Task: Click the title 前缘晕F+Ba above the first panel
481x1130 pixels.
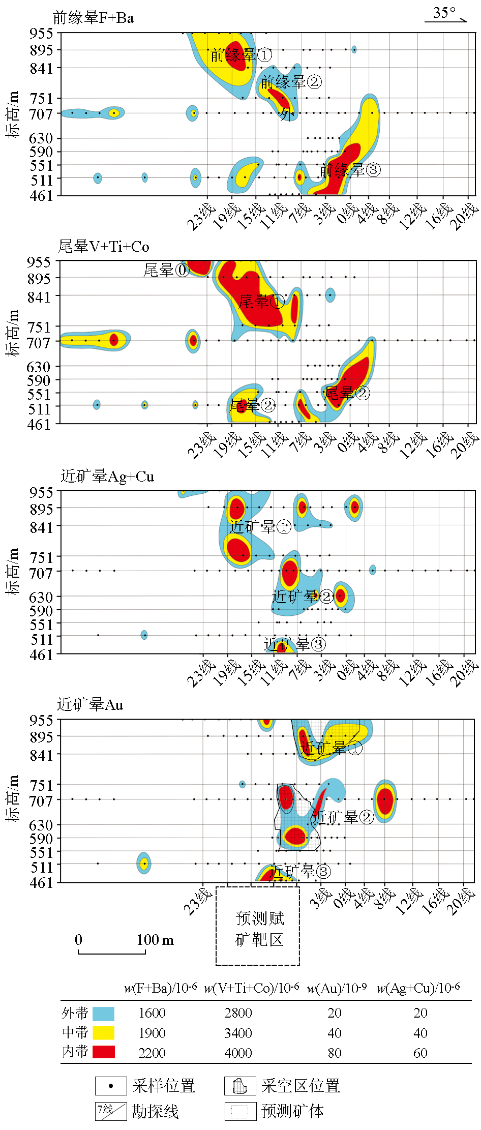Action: (x=93, y=18)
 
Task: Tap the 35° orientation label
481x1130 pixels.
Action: (x=444, y=13)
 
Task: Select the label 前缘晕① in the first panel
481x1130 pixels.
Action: (x=241, y=55)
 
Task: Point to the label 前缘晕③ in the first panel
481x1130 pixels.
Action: (x=349, y=170)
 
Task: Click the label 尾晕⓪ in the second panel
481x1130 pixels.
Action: (x=166, y=270)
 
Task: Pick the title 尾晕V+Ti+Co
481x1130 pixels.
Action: (x=103, y=247)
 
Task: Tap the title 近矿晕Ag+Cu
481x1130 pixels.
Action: (x=107, y=477)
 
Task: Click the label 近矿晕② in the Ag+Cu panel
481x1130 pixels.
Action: (x=303, y=596)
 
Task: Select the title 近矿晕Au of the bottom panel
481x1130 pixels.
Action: (x=90, y=705)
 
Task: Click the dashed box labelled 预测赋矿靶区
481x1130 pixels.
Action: (x=258, y=926)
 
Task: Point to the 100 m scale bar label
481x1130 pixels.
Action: (x=155, y=940)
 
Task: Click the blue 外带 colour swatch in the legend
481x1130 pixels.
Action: (x=103, y=1014)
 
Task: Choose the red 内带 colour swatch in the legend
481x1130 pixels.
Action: (x=103, y=1052)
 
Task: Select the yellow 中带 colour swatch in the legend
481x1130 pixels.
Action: (x=103, y=1033)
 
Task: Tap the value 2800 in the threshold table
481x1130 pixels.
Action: (x=238, y=1013)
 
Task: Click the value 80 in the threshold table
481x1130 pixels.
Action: (x=334, y=1053)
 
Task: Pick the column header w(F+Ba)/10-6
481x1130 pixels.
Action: (x=160, y=988)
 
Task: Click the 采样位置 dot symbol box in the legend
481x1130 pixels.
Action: (x=111, y=1086)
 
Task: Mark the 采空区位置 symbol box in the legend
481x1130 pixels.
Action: (x=240, y=1086)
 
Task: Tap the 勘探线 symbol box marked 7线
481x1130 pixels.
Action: (x=111, y=1111)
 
